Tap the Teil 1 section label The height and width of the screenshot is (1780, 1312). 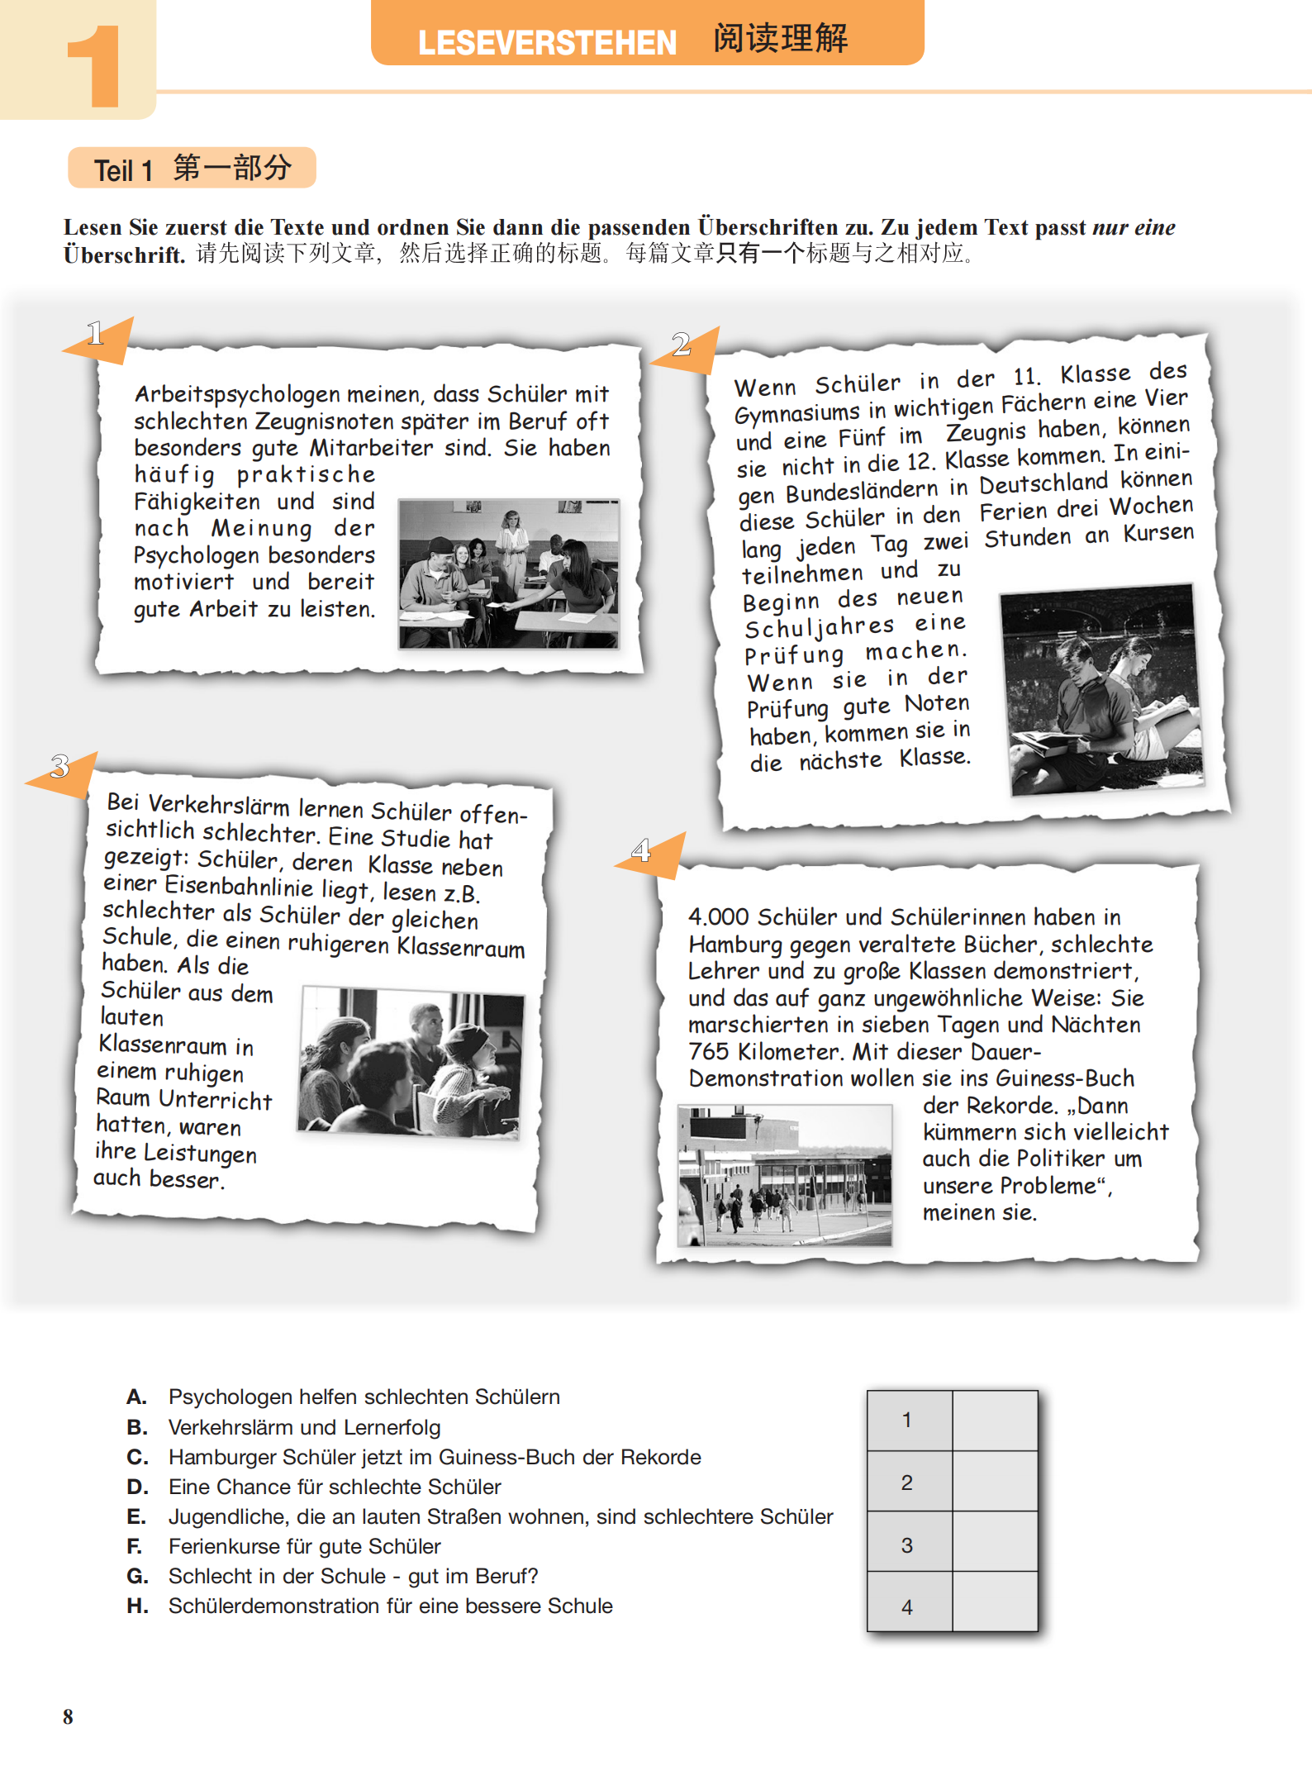(123, 170)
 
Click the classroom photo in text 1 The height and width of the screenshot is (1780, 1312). (508, 574)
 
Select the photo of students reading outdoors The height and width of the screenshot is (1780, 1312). (1101, 690)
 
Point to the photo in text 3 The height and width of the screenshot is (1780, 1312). (411, 1062)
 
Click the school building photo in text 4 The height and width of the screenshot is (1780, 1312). (784, 1175)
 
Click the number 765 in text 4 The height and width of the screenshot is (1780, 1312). (709, 1051)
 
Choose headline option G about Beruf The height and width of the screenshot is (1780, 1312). (353, 1576)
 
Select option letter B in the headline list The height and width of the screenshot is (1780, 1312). (137, 1427)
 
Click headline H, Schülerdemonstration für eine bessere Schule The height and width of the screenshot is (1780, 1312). (390, 1606)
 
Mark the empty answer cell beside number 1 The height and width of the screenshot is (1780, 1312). (995, 1420)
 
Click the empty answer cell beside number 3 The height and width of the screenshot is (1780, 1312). (995, 1542)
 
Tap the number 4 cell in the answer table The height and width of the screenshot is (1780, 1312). (908, 1606)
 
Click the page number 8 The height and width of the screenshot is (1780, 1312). (68, 1716)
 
